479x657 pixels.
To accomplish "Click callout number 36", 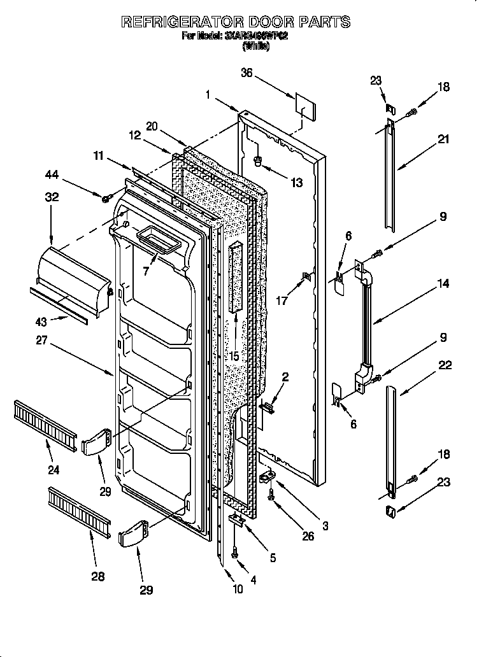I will pos(247,73).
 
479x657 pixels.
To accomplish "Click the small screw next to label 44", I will pos(106,199).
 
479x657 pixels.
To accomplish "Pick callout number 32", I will pos(52,197).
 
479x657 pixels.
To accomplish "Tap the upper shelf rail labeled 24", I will pos(44,420).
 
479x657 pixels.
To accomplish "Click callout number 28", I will pos(97,576).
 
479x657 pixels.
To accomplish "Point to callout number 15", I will pos(235,357).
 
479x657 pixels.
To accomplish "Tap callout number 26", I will pos(308,536).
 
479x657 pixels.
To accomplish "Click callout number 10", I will pos(238,589).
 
